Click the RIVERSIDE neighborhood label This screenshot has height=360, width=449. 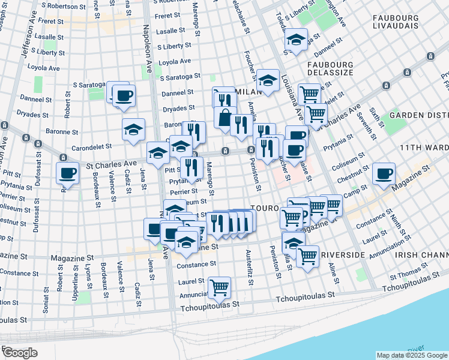pyautogui.click(x=343, y=255)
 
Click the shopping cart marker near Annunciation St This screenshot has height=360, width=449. pyautogui.click(x=219, y=287)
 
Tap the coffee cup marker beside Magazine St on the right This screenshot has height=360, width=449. pyautogui.click(x=383, y=173)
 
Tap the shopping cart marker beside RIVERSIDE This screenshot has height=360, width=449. pyautogui.click(x=308, y=256)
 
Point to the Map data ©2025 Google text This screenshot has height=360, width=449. pyautogui.click(x=411, y=355)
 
